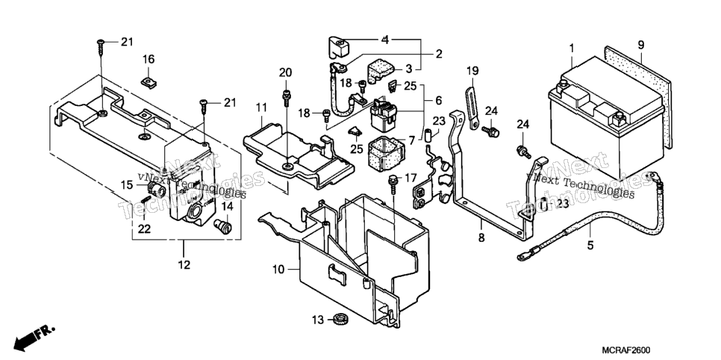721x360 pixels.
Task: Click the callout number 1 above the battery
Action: click(x=572, y=48)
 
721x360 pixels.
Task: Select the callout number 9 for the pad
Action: click(x=641, y=45)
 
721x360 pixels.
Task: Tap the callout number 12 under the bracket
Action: click(x=184, y=264)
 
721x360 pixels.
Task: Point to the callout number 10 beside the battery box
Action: click(x=278, y=270)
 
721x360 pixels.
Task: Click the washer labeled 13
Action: click(x=340, y=318)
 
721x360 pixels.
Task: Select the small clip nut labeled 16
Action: click(x=149, y=82)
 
